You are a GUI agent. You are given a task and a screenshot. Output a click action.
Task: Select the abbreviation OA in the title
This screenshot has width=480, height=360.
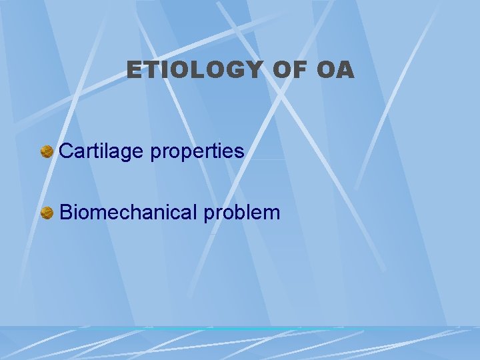335,70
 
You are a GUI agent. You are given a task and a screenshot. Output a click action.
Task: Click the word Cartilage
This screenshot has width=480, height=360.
102,151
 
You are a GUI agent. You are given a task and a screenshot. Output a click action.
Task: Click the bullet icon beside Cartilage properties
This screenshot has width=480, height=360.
47,152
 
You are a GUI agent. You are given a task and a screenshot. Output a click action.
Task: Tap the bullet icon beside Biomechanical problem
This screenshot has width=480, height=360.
47,213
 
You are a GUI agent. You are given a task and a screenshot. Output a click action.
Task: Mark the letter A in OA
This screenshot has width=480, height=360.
345,70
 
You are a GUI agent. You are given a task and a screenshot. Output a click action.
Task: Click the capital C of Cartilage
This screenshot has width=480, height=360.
66,151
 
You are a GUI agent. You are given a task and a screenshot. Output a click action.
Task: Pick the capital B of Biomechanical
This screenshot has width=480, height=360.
65,213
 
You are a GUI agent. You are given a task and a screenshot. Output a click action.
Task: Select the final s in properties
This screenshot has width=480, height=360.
239,153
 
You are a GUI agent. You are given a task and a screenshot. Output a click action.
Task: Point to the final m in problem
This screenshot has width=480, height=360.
272,214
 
